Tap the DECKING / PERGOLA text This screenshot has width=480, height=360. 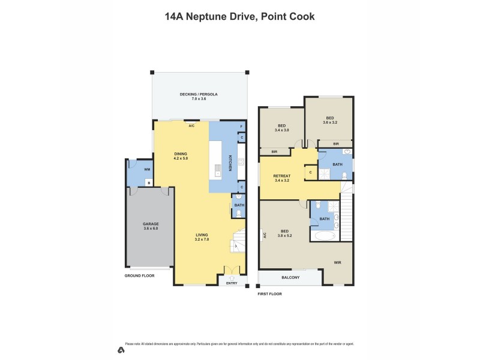[x=199, y=94]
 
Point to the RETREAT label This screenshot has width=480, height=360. [x=282, y=176]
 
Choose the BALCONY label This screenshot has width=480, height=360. [x=290, y=277]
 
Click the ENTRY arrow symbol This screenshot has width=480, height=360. [x=232, y=277]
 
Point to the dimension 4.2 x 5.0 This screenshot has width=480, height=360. [x=181, y=158]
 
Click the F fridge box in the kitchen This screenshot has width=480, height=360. [x=241, y=126]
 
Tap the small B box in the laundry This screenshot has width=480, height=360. [x=148, y=182]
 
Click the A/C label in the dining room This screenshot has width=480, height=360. [x=191, y=126]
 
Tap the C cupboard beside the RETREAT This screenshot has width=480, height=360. [x=310, y=172]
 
